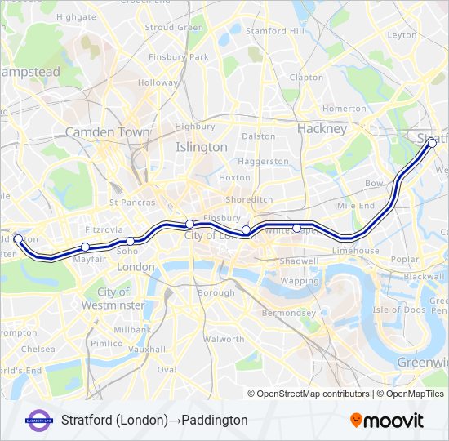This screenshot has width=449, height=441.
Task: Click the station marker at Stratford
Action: pyautogui.click(x=432, y=143)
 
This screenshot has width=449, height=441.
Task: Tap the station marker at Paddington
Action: pyautogui.click(x=18, y=239)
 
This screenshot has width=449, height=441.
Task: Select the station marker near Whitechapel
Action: pyautogui.click(x=297, y=228)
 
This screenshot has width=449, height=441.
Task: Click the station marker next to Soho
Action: pyautogui.click(x=130, y=241)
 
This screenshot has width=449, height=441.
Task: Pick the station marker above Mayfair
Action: pyautogui.click(x=85, y=247)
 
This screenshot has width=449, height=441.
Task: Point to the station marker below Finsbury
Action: pyautogui.click(x=189, y=224)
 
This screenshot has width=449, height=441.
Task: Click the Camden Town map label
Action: pyautogui.click(x=107, y=131)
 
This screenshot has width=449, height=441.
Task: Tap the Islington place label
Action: pyautogui.click(x=202, y=147)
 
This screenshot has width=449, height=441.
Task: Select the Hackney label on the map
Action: pyautogui.click(x=322, y=128)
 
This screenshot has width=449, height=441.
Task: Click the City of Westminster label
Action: pyautogui.click(x=113, y=298)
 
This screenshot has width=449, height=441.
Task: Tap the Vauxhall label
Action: pyautogui.click(x=147, y=349)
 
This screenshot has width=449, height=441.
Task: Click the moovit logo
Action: pyautogui.click(x=387, y=421)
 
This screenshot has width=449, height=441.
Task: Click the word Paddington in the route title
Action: pyautogui.click(x=215, y=421)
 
